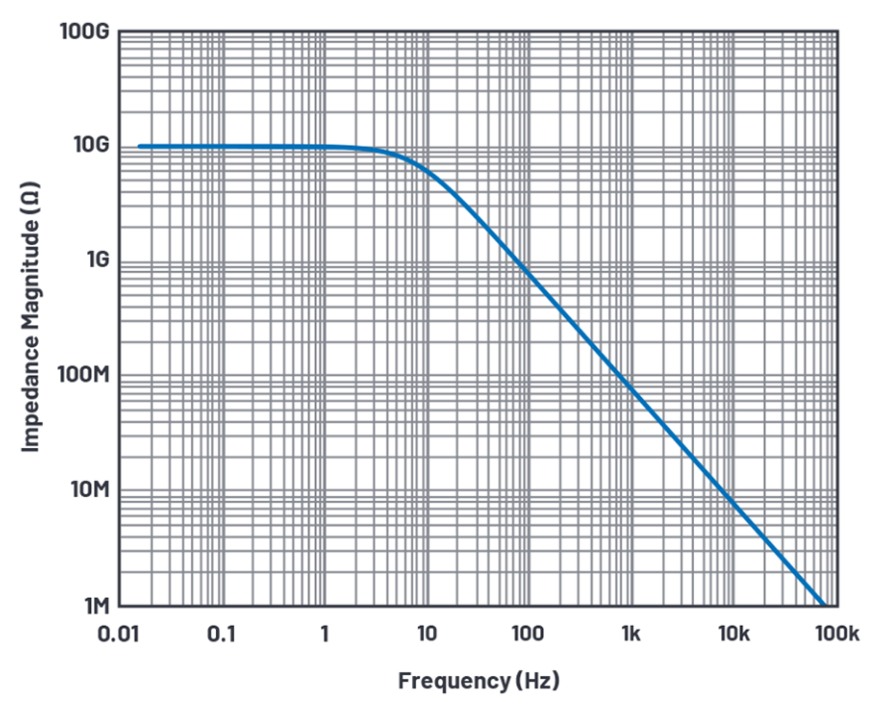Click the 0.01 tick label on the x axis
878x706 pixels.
[x=120, y=636]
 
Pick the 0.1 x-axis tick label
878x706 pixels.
[x=222, y=636]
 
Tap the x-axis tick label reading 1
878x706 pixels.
[x=324, y=636]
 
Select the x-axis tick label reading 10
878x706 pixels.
[x=427, y=636]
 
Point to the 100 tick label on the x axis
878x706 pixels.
[x=529, y=636]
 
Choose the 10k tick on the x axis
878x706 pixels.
[x=734, y=636]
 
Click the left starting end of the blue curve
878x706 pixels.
[x=139, y=147]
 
